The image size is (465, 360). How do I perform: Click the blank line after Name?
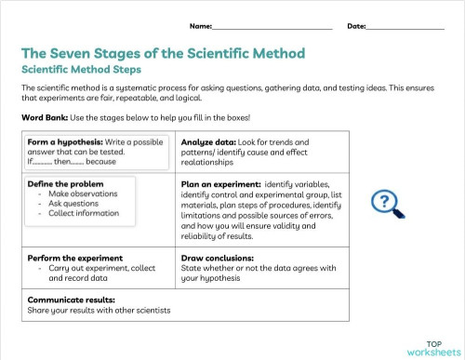coord(272,29)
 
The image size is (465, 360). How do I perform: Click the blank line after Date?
coord(405,29)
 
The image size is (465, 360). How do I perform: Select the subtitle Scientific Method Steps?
coord(81,70)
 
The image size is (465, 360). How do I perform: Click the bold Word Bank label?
coord(45,118)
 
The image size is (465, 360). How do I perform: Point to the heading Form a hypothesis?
coord(65,142)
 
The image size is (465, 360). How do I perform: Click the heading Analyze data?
coord(208,142)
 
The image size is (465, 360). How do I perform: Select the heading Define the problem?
coord(65,184)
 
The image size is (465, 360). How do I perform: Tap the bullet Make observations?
coord(83,193)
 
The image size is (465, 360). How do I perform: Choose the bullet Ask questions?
coord(73,204)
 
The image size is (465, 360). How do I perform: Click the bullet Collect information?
coord(84,213)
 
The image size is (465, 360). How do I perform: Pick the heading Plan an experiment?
coord(221,184)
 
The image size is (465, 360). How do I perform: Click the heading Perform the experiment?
coord(75,259)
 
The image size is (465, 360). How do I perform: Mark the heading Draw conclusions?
coord(218,259)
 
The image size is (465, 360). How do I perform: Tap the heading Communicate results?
coord(71,300)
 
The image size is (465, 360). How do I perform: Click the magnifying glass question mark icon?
coord(388,204)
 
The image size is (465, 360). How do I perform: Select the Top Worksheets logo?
coord(434,349)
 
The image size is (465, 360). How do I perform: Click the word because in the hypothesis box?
coord(100,162)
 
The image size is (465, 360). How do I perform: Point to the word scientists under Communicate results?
coord(153,311)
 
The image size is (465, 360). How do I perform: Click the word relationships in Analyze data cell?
coord(207,163)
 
